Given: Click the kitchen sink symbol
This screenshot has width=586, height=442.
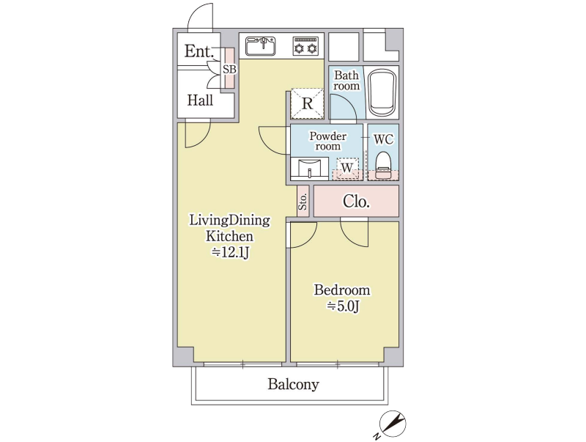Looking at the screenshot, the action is pos(261,45).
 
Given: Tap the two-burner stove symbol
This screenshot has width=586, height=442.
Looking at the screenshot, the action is pos(305,45).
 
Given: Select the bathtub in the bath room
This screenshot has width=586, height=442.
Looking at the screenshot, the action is pos(382,93).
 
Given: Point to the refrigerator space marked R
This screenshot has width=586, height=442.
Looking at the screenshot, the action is pos(307,103).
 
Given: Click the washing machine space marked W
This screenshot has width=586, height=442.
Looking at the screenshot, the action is pos(347,168).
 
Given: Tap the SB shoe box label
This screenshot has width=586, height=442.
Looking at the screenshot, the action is pos(229,69).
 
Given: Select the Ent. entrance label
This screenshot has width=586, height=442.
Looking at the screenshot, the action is pos(199,51).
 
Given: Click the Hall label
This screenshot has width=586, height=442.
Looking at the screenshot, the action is pos(200,100).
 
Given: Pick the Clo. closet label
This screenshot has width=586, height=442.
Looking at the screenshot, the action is pos(356,202).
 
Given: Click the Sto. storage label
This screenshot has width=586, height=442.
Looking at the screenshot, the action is pos(303,202).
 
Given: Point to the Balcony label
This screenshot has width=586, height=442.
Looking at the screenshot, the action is pos(294,384).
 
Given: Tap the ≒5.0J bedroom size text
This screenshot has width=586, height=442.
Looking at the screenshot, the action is pos(343,306).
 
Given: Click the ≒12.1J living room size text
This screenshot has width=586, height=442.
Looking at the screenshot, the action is pos(230,253).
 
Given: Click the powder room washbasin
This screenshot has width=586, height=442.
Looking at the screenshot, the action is pos(310,169).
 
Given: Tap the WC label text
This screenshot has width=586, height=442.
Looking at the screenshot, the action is pos(383,139).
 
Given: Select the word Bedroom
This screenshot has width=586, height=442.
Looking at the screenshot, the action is pos(342,290).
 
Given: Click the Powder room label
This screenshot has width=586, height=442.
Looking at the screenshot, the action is pos(327,141).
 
